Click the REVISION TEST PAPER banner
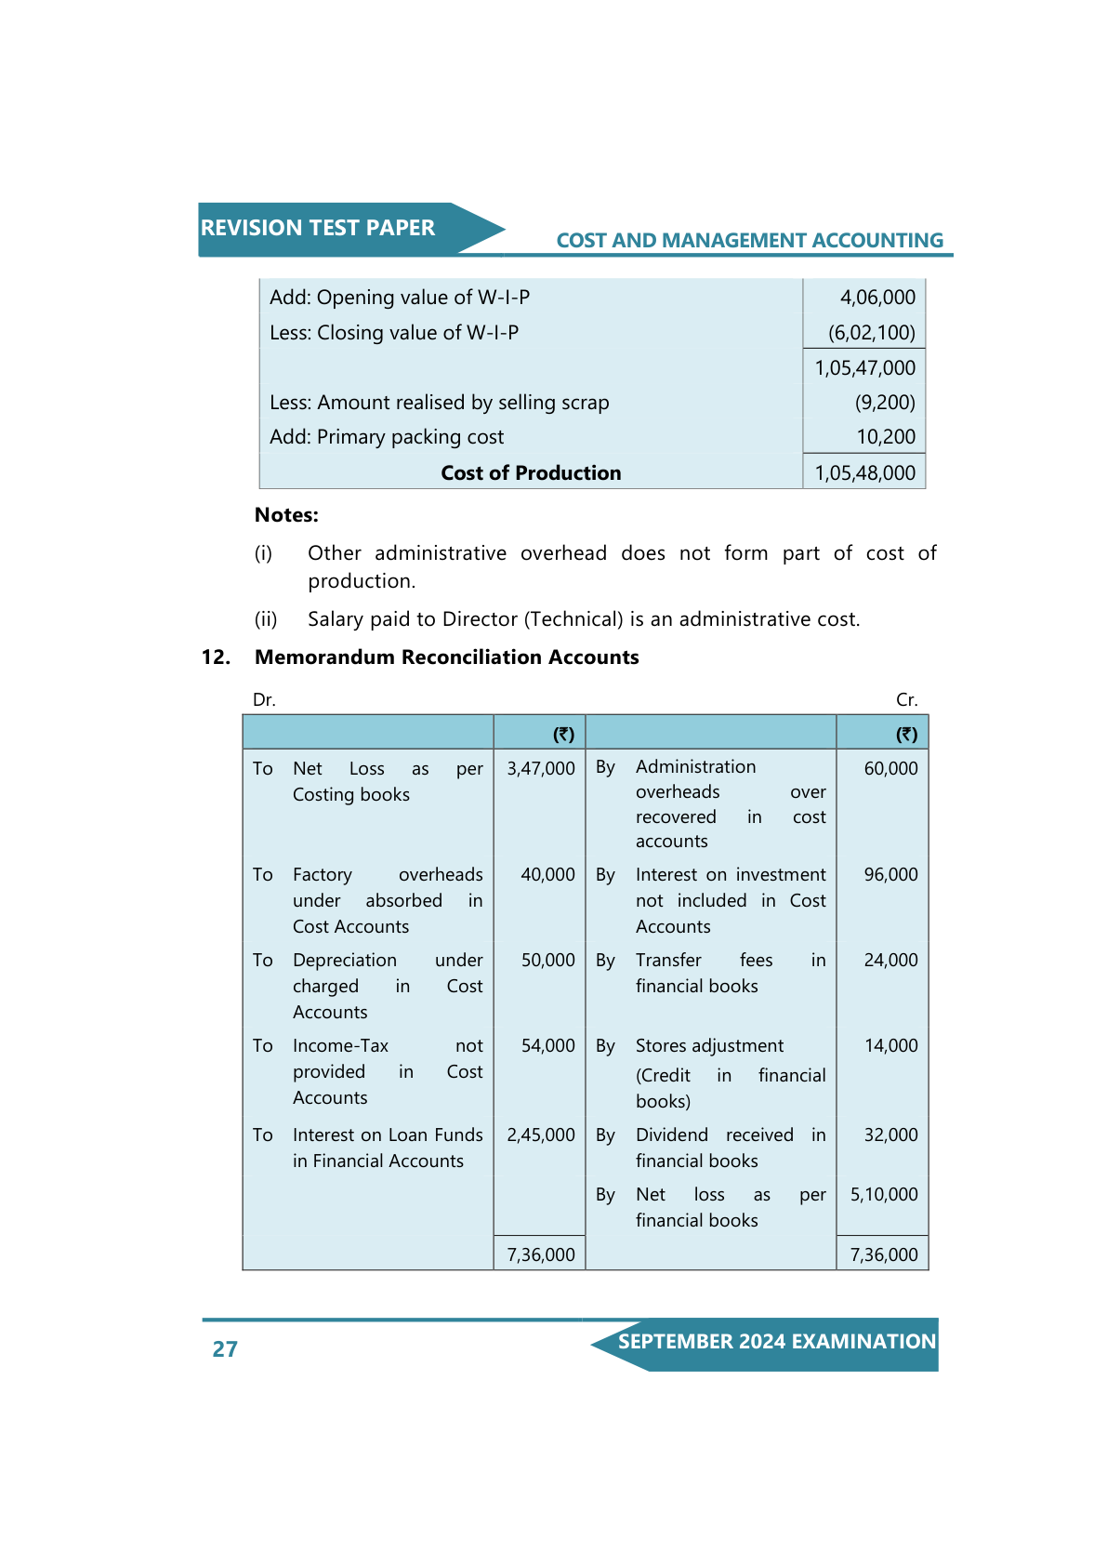pyautogui.click(x=318, y=229)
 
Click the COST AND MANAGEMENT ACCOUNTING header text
pyautogui.click(x=749, y=241)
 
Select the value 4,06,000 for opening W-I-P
pyautogui.click(x=877, y=298)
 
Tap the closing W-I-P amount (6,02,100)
pyautogui.click(x=871, y=333)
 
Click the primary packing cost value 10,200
pyautogui.click(x=886, y=437)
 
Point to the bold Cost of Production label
pyautogui.click(x=531, y=473)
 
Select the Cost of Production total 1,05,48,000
pyautogui.click(x=864, y=473)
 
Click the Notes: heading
pyautogui.click(x=286, y=515)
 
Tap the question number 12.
pyautogui.click(x=216, y=657)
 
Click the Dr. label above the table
pyautogui.click(x=264, y=700)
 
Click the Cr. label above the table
pyautogui.click(x=906, y=700)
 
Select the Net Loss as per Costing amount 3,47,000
pyautogui.click(x=540, y=769)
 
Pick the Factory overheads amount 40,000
pyautogui.click(x=547, y=875)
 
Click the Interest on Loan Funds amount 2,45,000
pyautogui.click(x=540, y=1135)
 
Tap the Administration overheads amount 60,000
pyautogui.click(x=890, y=769)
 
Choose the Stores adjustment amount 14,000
pyautogui.click(x=890, y=1046)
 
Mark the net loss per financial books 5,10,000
pyautogui.click(x=883, y=1195)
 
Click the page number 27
pyautogui.click(x=225, y=1349)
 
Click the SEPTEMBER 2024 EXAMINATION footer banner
pyautogui.click(x=776, y=1342)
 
